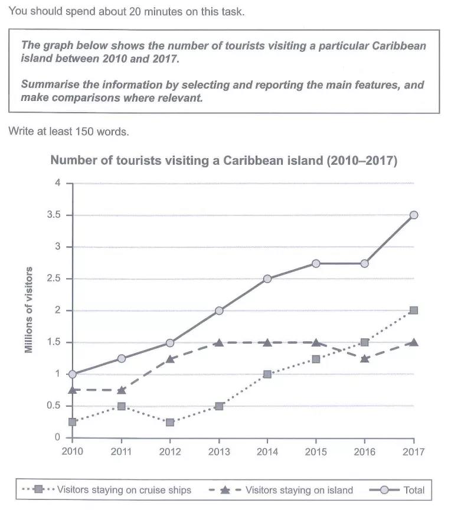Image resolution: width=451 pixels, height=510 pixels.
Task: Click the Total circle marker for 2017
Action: [x=414, y=215]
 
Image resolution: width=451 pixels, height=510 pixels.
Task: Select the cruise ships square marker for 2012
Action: [x=170, y=422]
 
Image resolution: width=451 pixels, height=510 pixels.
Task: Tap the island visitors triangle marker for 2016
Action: [x=365, y=358]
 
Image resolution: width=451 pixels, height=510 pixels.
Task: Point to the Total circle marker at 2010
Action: [x=73, y=374]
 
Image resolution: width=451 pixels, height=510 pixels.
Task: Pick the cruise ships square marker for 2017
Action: [x=414, y=310]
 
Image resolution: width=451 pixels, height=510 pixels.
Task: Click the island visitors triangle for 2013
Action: [x=219, y=342]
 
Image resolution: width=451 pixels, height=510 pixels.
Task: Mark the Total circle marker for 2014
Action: [x=267, y=279]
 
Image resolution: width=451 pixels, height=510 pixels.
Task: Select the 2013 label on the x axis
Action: [x=219, y=452]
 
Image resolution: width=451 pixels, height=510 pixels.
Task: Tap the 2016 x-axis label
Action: [x=365, y=452]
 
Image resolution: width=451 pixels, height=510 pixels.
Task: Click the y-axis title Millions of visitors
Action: [x=28, y=310]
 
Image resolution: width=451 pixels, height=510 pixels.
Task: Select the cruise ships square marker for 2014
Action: [x=267, y=374]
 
